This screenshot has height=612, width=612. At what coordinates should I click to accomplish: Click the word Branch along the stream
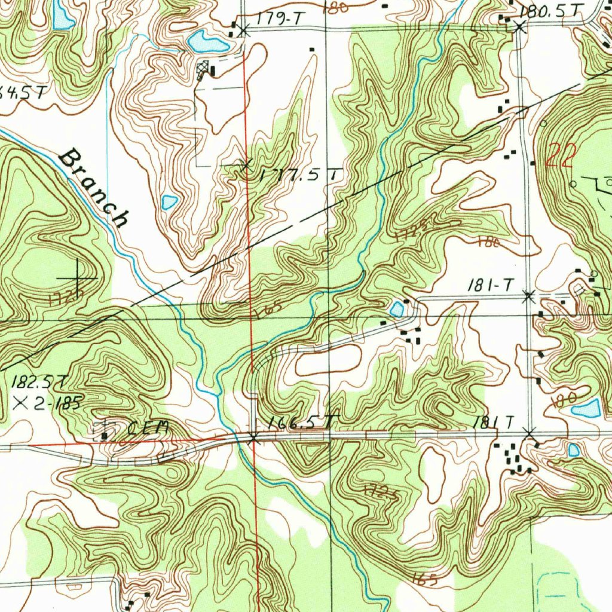95,188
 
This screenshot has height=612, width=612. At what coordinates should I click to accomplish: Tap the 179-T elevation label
277,20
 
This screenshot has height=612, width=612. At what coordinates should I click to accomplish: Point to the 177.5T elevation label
301,175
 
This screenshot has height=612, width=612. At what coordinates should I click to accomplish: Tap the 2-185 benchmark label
58,403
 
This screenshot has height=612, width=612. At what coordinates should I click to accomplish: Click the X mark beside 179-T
243,30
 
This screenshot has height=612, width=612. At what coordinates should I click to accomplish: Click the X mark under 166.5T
253,438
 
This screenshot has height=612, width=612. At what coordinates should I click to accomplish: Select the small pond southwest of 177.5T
169,202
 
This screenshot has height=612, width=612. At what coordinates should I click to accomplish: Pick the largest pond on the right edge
586,409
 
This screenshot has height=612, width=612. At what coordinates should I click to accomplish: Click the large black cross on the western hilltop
78,279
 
